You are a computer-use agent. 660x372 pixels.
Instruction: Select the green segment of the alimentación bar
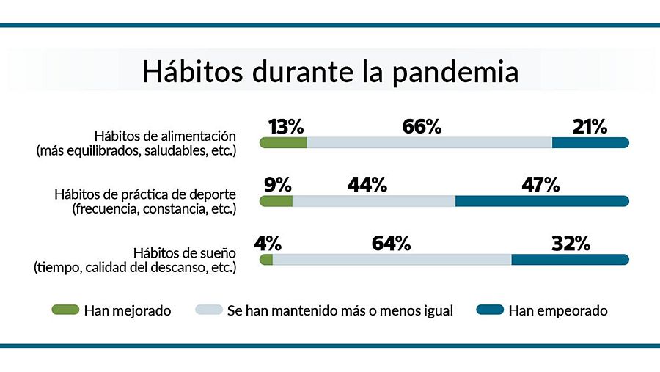click(x=284, y=142)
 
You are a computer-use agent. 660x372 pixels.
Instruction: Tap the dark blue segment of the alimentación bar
click(x=590, y=142)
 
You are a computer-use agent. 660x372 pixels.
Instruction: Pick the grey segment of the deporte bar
click(x=373, y=201)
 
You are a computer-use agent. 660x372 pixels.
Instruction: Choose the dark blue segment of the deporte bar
click(x=542, y=201)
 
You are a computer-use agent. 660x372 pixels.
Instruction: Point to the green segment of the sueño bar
click(x=266, y=260)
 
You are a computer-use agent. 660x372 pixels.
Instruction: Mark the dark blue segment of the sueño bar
click(x=570, y=260)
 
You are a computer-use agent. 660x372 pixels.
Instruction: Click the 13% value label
click(x=285, y=126)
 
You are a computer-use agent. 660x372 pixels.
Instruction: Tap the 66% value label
click(x=422, y=126)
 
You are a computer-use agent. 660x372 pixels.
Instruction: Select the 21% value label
click(x=590, y=126)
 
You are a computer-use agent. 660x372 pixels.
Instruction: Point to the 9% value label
click(x=277, y=185)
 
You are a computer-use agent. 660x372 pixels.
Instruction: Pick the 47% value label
click(x=541, y=185)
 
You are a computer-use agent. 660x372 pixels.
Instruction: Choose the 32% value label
click(x=571, y=244)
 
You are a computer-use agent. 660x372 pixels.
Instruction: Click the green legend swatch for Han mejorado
click(x=65, y=310)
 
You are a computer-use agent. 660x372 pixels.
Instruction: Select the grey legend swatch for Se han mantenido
click(x=208, y=310)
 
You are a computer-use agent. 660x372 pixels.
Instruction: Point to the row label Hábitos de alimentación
click(x=165, y=136)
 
